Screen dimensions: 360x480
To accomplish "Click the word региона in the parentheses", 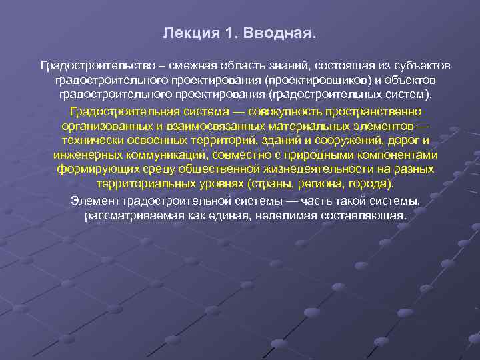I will pyautogui.click(x=310, y=183).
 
